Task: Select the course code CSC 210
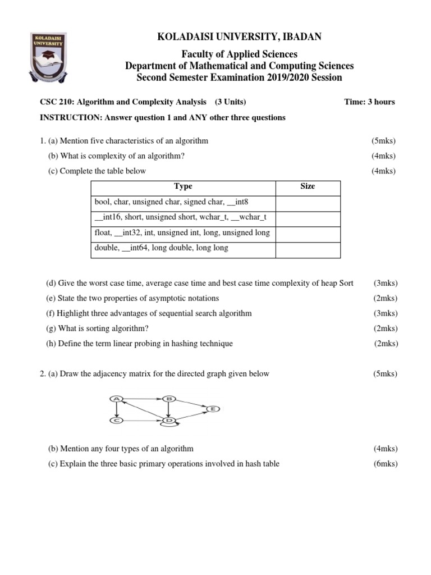(53, 102)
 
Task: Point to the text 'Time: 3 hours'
(369, 102)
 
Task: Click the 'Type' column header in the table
(183, 186)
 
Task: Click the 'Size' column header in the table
(308, 186)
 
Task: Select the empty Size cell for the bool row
(308, 203)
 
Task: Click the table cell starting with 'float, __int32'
(182, 232)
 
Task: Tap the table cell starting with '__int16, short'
(182, 217)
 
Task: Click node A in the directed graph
(117, 399)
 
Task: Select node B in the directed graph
(169, 399)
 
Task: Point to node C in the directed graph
(117, 421)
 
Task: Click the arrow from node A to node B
(143, 399)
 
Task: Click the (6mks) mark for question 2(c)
(385, 463)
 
